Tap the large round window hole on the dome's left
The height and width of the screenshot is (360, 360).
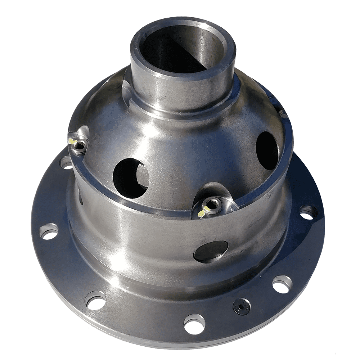[x=130, y=177]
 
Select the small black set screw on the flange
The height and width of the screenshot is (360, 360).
[x=241, y=306]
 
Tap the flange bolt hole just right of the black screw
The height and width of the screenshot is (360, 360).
[x=282, y=284]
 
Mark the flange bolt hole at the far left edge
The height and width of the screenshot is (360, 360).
[x=49, y=231]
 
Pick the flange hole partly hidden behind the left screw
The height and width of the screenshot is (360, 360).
[x=66, y=164]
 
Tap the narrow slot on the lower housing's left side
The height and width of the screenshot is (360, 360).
[x=81, y=198]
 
